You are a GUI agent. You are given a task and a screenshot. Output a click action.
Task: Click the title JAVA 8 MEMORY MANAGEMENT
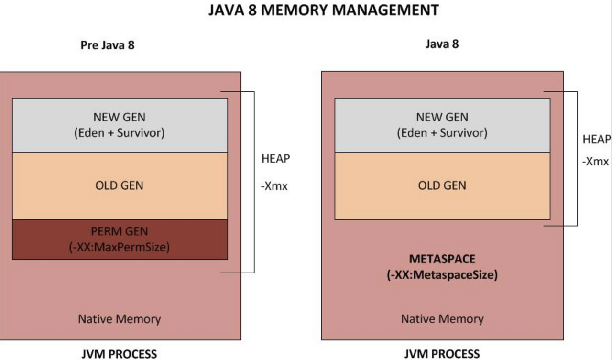coord(323,10)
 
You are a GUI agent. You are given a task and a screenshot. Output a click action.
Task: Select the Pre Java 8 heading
coord(107,46)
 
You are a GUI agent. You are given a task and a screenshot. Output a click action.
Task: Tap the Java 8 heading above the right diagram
coord(442,44)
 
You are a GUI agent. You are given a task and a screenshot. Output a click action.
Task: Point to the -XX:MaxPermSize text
coord(120,248)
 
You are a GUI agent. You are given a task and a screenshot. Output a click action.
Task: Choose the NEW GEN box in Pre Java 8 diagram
coord(120,125)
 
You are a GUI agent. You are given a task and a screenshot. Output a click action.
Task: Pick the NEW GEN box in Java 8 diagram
coord(442,125)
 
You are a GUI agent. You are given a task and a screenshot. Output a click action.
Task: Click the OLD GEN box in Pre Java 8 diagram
coord(120,185)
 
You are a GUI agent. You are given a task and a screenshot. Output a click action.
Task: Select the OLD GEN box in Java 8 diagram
coord(442,185)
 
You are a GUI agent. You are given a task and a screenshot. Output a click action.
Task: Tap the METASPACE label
coord(442,259)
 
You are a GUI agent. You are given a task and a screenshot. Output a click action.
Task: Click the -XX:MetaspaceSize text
coord(442,275)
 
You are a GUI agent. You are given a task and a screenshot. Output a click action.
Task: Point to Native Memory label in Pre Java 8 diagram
coord(120,319)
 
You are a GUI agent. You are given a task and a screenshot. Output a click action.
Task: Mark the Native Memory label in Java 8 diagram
coord(442,319)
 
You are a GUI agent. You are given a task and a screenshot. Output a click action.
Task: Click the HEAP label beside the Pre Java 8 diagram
coord(275,159)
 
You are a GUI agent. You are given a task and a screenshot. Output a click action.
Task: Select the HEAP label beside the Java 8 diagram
coord(596,140)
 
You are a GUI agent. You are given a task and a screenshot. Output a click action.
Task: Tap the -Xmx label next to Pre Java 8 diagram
coord(274,186)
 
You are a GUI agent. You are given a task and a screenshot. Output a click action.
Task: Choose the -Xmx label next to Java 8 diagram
coord(595,162)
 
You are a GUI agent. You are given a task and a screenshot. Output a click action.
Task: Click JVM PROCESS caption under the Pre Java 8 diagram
coord(119,354)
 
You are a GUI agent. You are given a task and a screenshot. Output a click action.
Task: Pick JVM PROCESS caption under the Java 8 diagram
coord(442,354)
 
